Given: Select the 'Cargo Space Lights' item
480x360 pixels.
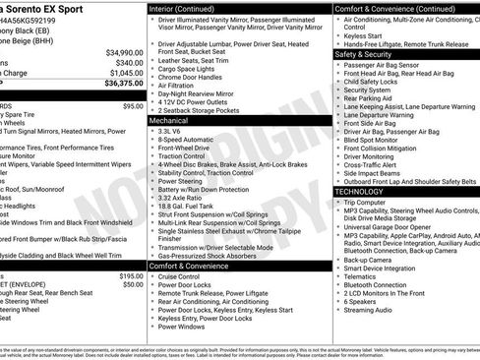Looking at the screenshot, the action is click(x=192, y=69).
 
